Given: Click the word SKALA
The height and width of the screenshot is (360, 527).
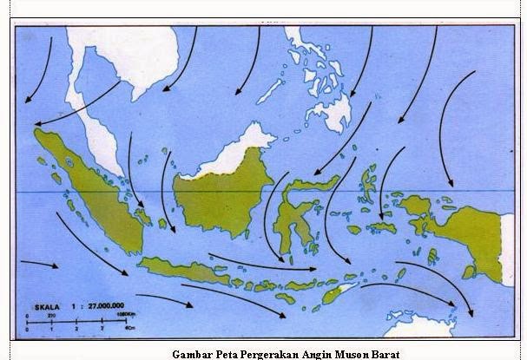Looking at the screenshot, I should [49, 306].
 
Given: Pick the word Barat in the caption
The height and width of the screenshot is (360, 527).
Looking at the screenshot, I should [382, 354].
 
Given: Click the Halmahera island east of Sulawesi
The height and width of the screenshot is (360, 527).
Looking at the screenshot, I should [368, 183].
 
